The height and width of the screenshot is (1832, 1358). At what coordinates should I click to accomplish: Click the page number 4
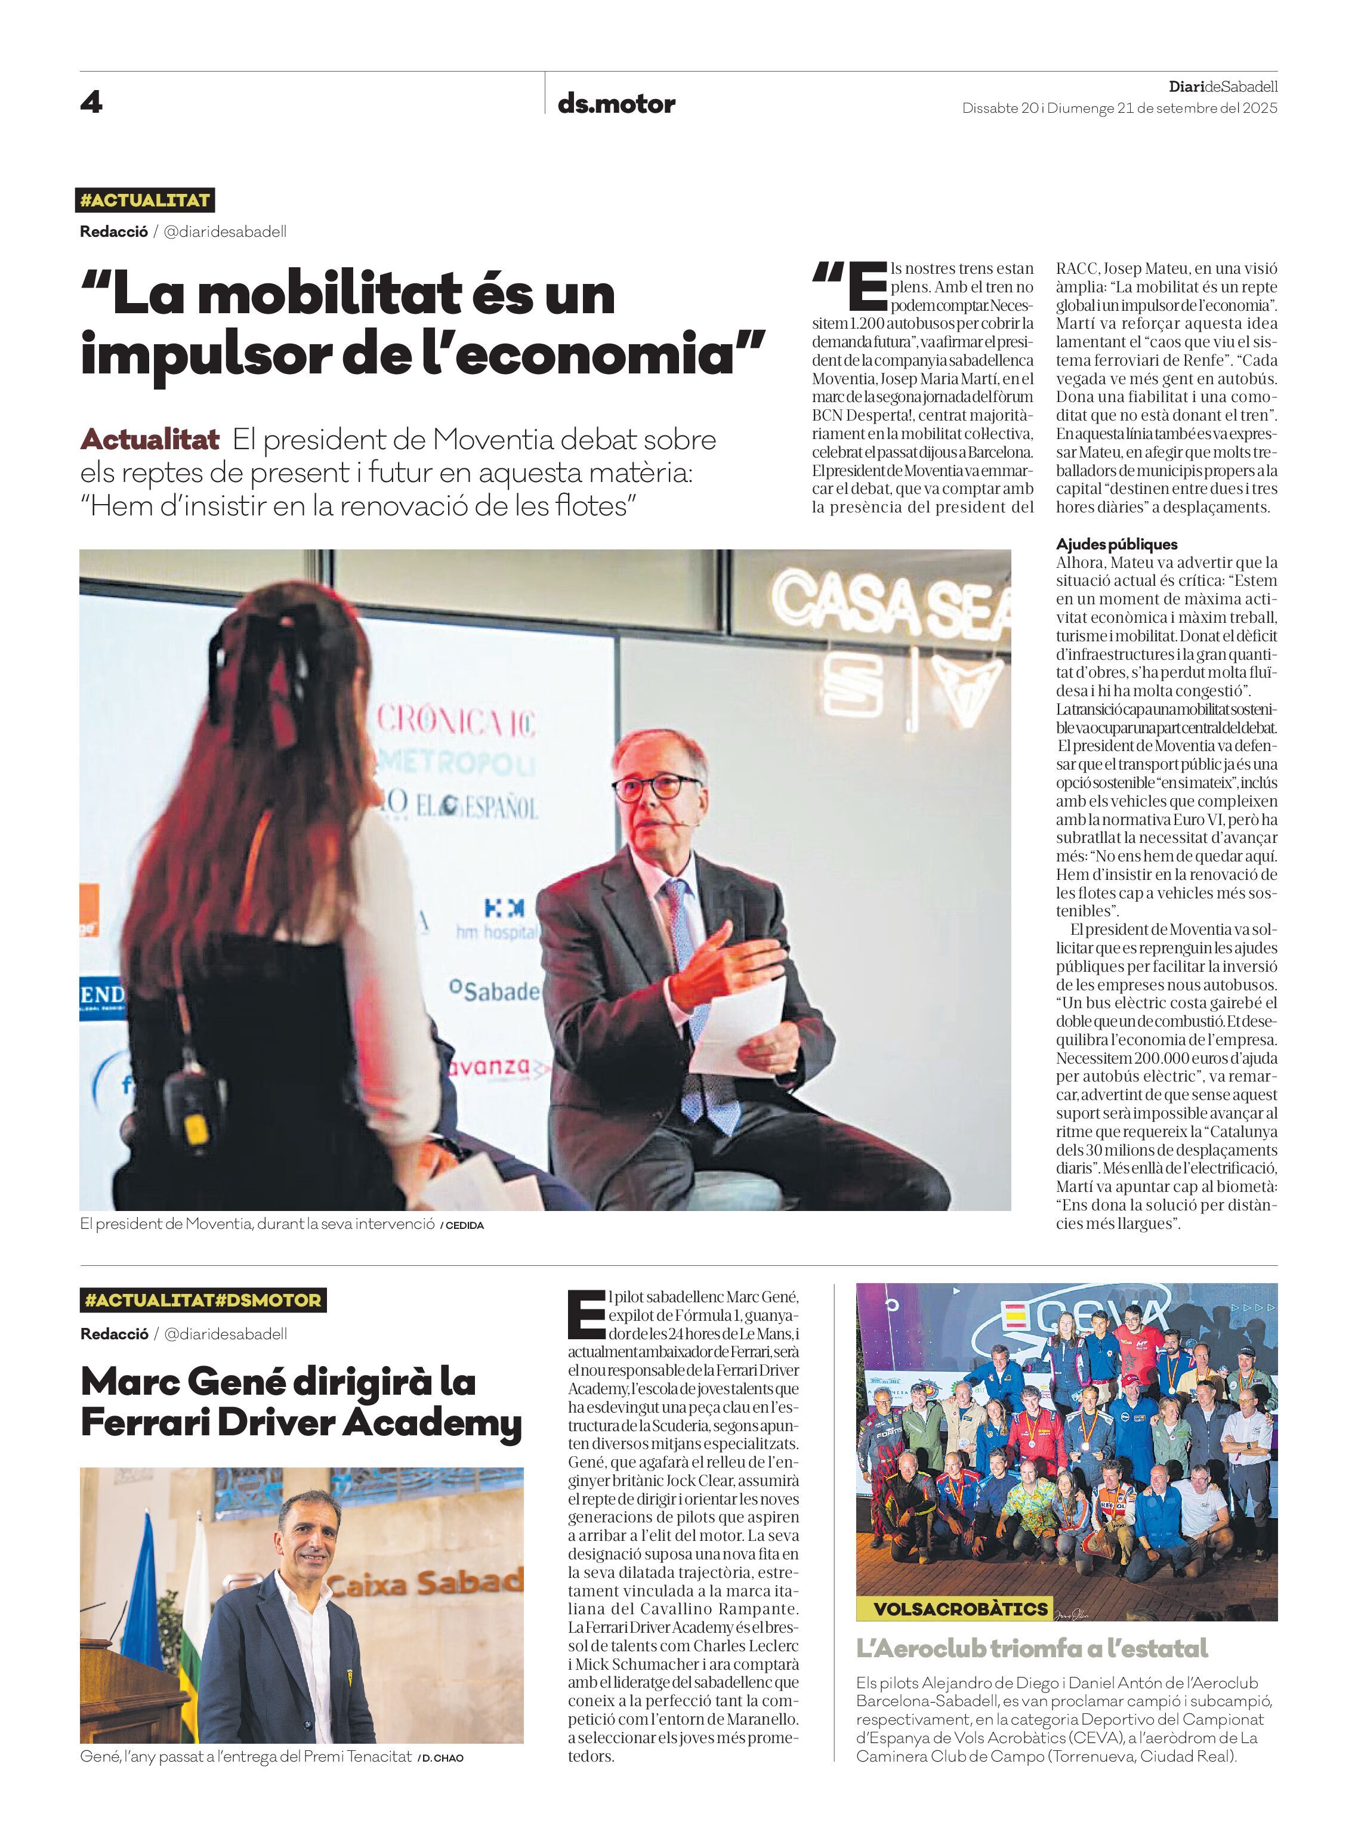[91, 102]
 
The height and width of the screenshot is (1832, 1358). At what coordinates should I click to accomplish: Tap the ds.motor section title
[616, 104]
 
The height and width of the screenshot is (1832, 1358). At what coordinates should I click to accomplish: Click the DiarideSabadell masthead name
[1223, 86]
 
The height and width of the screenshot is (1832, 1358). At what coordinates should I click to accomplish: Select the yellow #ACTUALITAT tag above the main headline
[146, 200]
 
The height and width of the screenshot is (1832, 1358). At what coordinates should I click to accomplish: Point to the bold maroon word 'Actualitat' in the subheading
[150, 440]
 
